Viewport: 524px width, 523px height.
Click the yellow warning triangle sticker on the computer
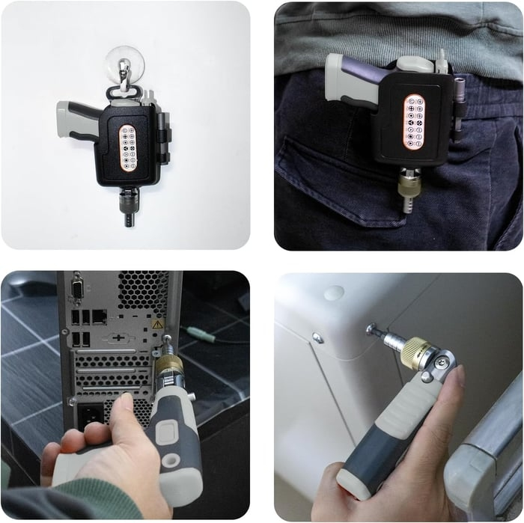tap(158, 324)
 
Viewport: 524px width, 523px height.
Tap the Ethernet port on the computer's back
tap(98, 316)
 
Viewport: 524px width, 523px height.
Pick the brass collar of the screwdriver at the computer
tap(168, 366)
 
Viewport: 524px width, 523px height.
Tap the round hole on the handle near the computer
tap(171, 460)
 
